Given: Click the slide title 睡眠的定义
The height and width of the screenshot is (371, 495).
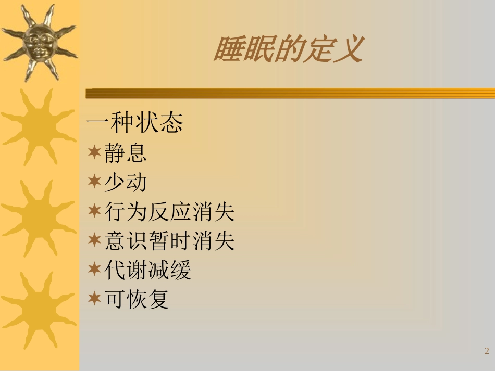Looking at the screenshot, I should [x=287, y=50].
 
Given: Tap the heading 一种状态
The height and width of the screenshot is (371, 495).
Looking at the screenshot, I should [x=134, y=123].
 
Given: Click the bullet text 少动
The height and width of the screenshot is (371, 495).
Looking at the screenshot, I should [x=126, y=182].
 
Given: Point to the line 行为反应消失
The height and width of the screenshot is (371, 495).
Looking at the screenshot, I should [x=170, y=212].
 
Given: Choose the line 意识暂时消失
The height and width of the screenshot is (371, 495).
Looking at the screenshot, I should [x=170, y=241].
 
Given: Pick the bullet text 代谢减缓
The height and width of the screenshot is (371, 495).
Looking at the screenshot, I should [x=148, y=271].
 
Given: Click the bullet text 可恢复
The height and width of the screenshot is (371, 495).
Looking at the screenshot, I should [x=137, y=300].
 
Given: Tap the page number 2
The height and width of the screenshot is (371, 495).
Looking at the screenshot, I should [x=487, y=351].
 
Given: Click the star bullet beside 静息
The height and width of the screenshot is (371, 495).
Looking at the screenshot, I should [x=94, y=152].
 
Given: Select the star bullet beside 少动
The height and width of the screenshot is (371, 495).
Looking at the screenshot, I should [x=94, y=182].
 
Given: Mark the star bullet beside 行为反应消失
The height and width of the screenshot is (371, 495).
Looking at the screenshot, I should [x=94, y=211].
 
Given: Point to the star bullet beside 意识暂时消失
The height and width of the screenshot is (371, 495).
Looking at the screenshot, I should [x=94, y=240].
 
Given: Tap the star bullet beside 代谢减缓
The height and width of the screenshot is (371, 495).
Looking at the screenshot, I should [x=94, y=270].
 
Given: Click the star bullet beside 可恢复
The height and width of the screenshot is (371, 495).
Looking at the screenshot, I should [x=94, y=299].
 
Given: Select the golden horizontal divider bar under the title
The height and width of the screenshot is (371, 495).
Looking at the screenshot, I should [x=290, y=94].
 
